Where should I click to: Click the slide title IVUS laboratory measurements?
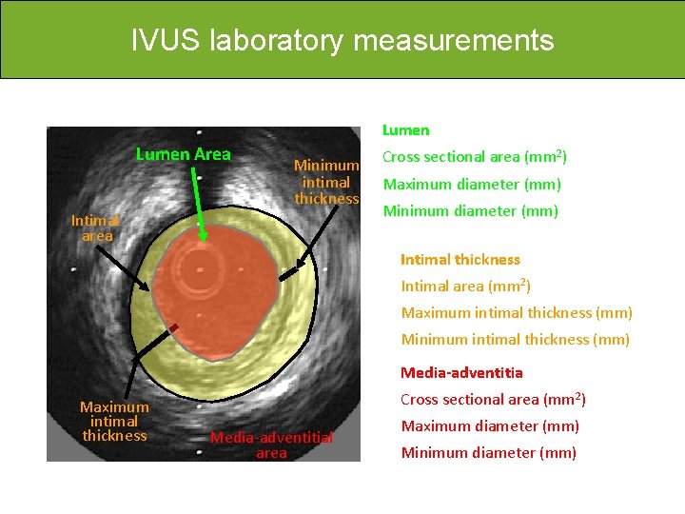(x=342, y=41)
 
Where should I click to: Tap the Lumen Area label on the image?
(x=183, y=154)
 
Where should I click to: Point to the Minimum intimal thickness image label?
(x=326, y=182)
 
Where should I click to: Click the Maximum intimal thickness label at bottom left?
(x=114, y=422)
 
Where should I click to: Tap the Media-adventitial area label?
(x=271, y=445)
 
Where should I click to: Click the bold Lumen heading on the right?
(x=405, y=130)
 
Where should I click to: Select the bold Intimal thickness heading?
(x=460, y=260)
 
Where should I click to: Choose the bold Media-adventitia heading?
(x=461, y=372)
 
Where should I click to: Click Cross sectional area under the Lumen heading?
(x=475, y=157)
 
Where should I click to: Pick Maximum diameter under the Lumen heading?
(x=472, y=185)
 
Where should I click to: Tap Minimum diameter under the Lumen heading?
(x=470, y=211)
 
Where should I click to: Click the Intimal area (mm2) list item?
(x=465, y=286)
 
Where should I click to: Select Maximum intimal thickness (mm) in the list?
(x=517, y=312)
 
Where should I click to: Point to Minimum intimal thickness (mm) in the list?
(x=515, y=339)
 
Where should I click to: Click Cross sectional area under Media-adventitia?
(x=493, y=400)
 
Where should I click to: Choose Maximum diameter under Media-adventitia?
(x=490, y=426)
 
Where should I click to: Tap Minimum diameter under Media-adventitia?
(x=488, y=453)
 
